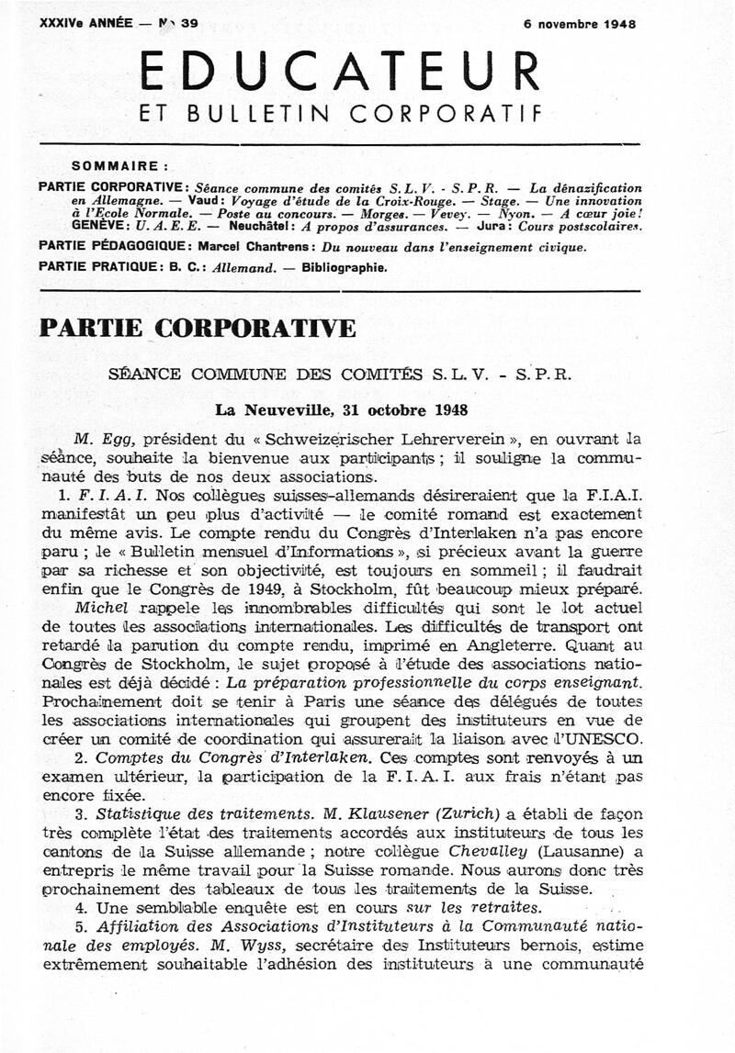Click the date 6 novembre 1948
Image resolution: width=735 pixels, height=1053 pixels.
[580, 25]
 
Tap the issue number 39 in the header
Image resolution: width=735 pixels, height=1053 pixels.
[188, 25]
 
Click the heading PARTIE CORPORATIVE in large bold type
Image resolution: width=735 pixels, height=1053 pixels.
[197, 329]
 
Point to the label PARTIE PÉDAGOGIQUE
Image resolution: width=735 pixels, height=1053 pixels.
[115, 246]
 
